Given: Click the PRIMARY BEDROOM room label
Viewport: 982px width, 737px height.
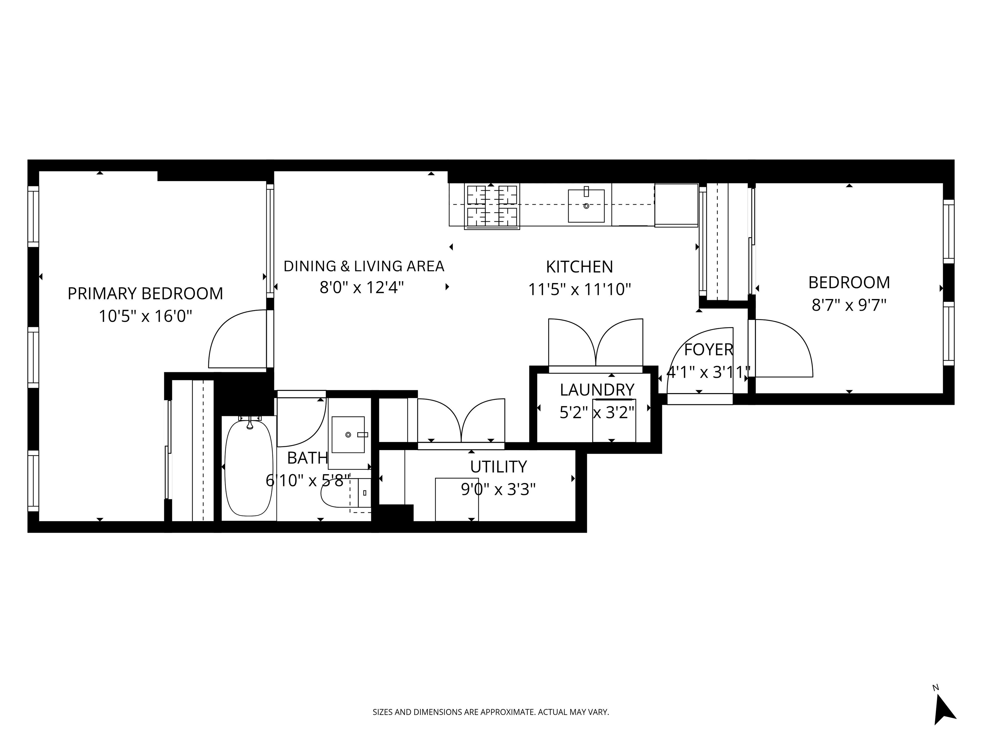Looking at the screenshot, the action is pos(145,294).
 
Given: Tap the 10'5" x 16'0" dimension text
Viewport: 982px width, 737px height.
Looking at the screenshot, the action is pos(145,317).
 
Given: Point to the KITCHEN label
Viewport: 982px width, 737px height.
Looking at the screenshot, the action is pos(579,267).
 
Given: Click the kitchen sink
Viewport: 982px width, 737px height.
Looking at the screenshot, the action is pos(586,206).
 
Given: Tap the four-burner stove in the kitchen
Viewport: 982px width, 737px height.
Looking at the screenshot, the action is pos(492,207).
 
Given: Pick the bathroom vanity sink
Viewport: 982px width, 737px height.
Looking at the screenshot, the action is pos(348,434).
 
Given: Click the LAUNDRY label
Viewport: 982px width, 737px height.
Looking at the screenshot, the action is pos(597,390).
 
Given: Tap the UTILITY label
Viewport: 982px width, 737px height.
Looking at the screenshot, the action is pos(498,467).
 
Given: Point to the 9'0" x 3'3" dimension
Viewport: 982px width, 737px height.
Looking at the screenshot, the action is pos(498,489).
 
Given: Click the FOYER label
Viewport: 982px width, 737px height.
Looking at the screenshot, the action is pos(709,350).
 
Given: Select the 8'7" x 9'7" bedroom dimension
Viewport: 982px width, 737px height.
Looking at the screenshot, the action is pos(849,305).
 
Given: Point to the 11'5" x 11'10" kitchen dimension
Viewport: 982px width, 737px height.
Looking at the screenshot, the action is pos(579,289).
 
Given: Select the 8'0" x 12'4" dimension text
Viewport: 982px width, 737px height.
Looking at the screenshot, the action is pos(362,288).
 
